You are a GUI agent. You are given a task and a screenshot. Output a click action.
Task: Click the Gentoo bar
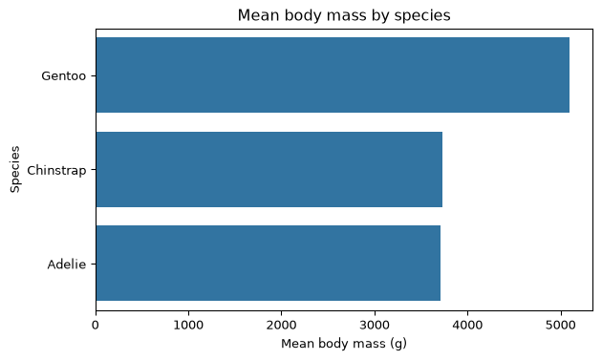tap(333, 74)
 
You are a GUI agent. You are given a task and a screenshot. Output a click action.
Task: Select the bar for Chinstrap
tap(269, 169)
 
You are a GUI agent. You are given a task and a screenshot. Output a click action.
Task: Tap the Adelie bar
tap(268, 263)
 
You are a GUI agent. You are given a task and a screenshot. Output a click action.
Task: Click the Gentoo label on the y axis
tap(64, 76)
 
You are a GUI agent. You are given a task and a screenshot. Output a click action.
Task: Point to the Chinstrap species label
tap(56, 170)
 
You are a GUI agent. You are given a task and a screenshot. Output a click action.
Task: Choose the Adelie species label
tap(67, 265)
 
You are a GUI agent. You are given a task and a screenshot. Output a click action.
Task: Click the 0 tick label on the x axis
tap(96, 326)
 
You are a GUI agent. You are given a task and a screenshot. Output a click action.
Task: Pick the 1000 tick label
tap(188, 326)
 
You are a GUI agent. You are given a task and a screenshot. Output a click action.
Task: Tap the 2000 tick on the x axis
tap(282, 326)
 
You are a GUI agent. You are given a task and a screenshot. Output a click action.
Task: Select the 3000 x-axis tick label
tap(375, 326)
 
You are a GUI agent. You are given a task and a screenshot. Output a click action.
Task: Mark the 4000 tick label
tap(467, 326)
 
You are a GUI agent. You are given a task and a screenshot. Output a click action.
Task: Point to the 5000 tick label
tap(561, 326)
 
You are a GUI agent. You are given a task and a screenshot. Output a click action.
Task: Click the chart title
tap(344, 15)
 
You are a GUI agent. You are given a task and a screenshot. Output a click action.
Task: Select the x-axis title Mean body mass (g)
tap(344, 344)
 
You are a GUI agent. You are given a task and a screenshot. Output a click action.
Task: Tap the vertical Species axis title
tap(15, 169)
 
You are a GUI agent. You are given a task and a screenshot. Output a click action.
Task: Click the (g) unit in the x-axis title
tap(399, 344)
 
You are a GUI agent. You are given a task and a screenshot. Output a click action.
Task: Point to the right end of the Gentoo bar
tap(570, 74)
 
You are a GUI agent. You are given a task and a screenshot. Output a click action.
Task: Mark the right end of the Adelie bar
tap(441, 263)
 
